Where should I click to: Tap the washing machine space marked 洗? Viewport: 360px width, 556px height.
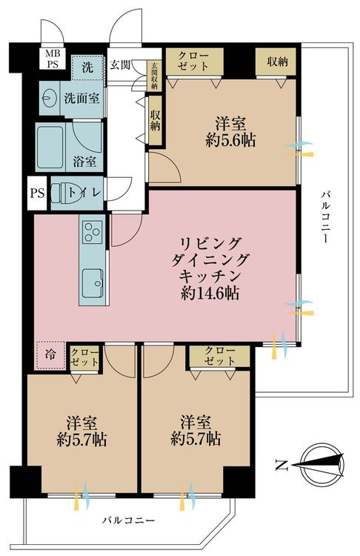pyautogui.click(x=87, y=67)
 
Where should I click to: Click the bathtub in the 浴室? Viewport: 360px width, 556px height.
pyautogui.click(x=50, y=148)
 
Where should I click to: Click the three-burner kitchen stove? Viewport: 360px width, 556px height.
pyautogui.click(x=92, y=231)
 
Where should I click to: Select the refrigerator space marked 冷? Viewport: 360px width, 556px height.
pyautogui.click(x=50, y=354)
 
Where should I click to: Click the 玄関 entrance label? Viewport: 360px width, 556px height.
pyautogui.click(x=120, y=65)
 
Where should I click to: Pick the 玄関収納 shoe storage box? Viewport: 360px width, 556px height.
pyautogui.click(x=155, y=76)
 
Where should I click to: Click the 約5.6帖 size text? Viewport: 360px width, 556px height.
pyautogui.click(x=230, y=141)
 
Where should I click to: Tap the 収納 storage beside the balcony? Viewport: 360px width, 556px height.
pyautogui.click(x=277, y=62)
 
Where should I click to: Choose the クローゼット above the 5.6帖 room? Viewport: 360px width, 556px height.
pyautogui.click(x=194, y=62)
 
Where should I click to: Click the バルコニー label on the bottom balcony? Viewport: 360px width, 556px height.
pyautogui.click(x=129, y=520)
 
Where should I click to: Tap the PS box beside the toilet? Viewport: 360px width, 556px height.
pyautogui.click(x=37, y=193)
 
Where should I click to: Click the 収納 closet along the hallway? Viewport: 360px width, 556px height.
pyautogui.click(x=155, y=120)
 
